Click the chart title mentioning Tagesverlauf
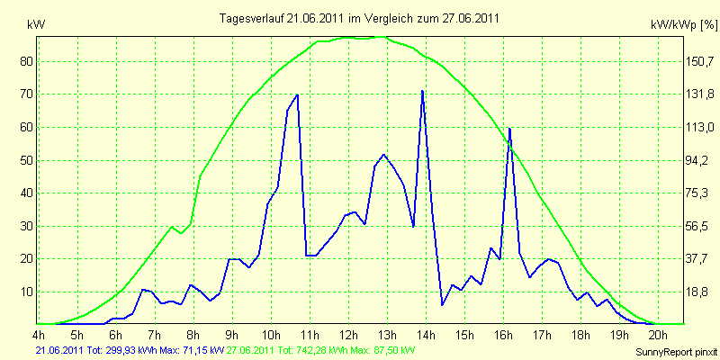pyautogui.click(x=359, y=18)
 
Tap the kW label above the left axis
pyautogui.click(x=36, y=25)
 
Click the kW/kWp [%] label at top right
pyautogui.click(x=684, y=25)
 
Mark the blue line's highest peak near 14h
pyautogui.click(x=422, y=91)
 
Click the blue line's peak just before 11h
pyautogui.click(x=298, y=94)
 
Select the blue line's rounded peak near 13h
pyautogui.click(x=383, y=154)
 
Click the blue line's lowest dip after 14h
pyautogui.click(x=442, y=305)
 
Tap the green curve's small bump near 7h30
pyautogui.click(x=172, y=227)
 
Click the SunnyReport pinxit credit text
pyautogui.click(x=676, y=352)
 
